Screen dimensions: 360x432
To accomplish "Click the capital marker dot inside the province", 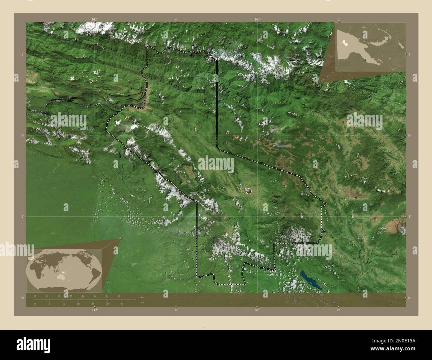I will [249, 191].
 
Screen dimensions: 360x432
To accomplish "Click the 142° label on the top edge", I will [95, 19].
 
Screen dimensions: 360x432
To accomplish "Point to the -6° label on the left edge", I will [22, 217].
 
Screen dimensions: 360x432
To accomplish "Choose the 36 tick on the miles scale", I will [122, 304].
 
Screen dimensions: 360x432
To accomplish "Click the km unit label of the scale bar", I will [143, 297].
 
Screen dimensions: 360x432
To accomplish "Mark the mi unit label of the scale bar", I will [142, 303].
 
